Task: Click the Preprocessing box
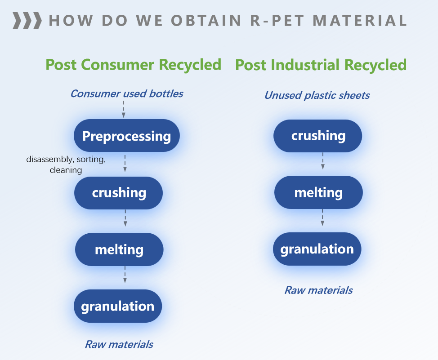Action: tap(126, 136)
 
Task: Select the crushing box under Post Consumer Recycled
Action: tap(118, 193)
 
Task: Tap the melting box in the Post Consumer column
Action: tap(119, 249)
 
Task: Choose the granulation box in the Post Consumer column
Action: tap(118, 306)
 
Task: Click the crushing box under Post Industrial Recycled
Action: tap(318, 136)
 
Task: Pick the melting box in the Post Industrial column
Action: tap(318, 192)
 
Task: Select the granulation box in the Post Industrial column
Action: tap(317, 249)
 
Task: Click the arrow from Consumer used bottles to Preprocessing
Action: tap(124, 109)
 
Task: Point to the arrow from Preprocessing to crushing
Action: tap(125, 164)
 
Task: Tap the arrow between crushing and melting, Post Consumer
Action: tap(125, 218)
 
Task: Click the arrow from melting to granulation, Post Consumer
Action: tap(125, 275)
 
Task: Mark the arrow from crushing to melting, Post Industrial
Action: tap(323, 161)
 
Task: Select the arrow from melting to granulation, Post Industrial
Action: tap(322, 217)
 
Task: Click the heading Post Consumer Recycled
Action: tap(134, 65)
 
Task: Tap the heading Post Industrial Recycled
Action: tap(321, 65)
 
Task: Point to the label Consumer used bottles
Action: tap(127, 93)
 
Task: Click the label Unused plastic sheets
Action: tap(317, 95)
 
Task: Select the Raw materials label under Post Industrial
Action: tap(318, 290)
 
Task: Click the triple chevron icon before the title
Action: tap(27, 21)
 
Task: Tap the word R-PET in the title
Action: tap(277, 21)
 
